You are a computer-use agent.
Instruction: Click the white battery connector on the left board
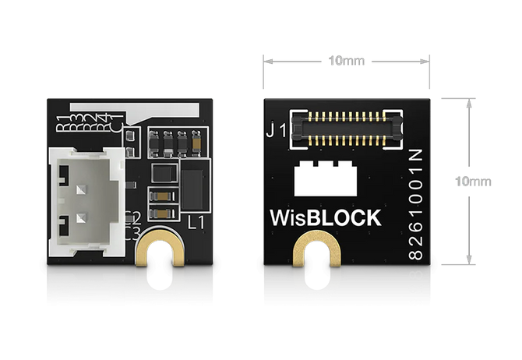pos(85,201)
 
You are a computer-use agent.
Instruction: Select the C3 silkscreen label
pos(132,231)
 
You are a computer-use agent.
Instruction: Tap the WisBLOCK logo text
pos(325,217)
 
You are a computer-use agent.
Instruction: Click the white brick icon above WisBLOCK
pos(326,182)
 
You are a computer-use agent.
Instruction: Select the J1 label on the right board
pos(276,131)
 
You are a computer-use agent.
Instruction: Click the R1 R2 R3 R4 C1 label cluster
pos(86,123)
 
